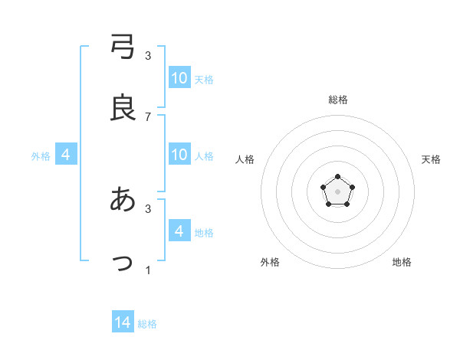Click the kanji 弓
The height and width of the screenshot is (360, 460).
(x=123, y=45)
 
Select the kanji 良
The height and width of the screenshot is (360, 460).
(x=123, y=107)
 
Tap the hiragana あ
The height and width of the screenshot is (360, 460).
(x=123, y=198)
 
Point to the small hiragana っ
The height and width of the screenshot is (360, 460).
(x=123, y=263)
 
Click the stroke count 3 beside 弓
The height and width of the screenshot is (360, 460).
(x=148, y=55)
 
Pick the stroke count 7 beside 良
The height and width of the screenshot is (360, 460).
(x=148, y=117)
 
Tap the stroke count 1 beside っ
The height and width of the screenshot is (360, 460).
(x=148, y=270)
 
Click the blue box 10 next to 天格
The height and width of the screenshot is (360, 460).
(x=179, y=78)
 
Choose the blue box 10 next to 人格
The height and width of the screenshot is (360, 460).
(x=179, y=155)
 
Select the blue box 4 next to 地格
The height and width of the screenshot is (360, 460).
(x=179, y=231)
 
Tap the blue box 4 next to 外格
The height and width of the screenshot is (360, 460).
(x=66, y=155)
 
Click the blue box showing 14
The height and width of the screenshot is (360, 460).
(x=123, y=322)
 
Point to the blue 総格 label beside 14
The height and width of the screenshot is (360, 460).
(x=147, y=324)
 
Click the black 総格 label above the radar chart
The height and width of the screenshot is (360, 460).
(x=338, y=100)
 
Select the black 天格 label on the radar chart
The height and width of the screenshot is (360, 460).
(x=431, y=159)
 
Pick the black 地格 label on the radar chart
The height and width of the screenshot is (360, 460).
(x=402, y=262)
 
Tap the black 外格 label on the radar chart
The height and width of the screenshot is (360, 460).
(x=270, y=262)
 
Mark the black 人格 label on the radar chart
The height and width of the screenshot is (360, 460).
(x=245, y=159)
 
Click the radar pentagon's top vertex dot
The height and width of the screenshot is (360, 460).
(x=338, y=177)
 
